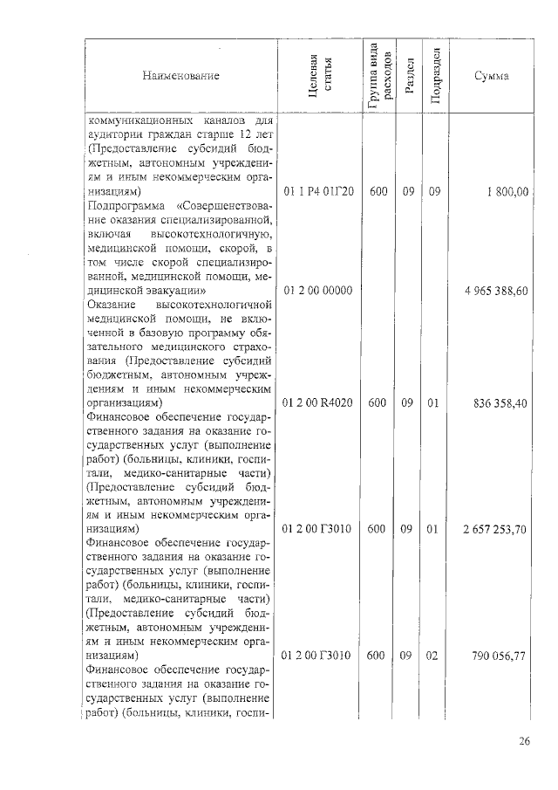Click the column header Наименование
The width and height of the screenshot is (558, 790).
[181, 76]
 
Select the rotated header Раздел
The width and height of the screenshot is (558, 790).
[408, 76]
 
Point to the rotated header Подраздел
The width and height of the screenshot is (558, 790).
[436, 76]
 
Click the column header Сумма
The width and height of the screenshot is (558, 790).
[492, 76]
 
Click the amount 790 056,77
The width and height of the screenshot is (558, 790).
[500, 656]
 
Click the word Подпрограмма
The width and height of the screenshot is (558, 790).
[126, 205]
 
